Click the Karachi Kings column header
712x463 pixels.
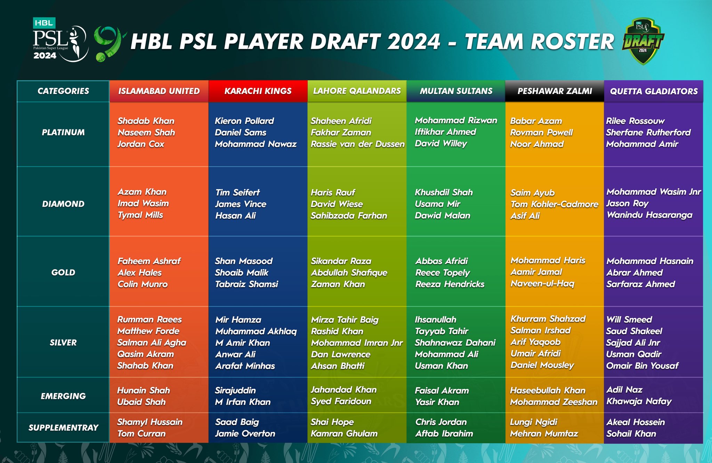pos(258,91)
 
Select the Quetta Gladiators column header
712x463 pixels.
pos(654,91)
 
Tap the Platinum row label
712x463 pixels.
pos(63,133)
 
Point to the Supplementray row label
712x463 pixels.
pos(63,428)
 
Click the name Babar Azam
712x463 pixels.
pos(536,121)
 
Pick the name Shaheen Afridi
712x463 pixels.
pos(341,121)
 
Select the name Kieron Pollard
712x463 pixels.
pos(244,121)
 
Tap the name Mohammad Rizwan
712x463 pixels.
pos(456,120)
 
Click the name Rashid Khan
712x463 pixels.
pos(337,331)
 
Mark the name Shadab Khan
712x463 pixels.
pos(146,121)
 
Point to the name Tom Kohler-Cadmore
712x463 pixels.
pos(554,204)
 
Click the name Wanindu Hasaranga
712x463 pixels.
pos(649,215)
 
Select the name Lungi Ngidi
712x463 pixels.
pos(533,422)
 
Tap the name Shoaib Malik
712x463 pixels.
pos(242,273)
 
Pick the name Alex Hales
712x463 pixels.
pos(139,273)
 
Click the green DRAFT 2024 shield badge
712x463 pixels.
pos(643,41)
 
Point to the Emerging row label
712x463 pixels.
pos(63,396)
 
